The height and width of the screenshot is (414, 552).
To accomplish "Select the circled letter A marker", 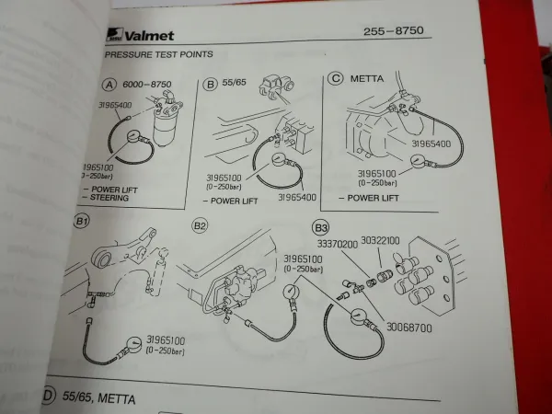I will tap(111, 84).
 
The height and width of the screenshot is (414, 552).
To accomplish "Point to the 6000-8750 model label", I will tap(146, 84).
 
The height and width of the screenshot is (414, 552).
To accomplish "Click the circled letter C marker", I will tap(336, 80).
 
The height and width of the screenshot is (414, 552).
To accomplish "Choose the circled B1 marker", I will tap(81, 223).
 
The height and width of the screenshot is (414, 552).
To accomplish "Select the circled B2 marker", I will tap(200, 224).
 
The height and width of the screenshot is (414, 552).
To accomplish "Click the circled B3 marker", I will tap(321, 225).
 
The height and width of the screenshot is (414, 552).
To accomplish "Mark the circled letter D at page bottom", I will tap(47, 398).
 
